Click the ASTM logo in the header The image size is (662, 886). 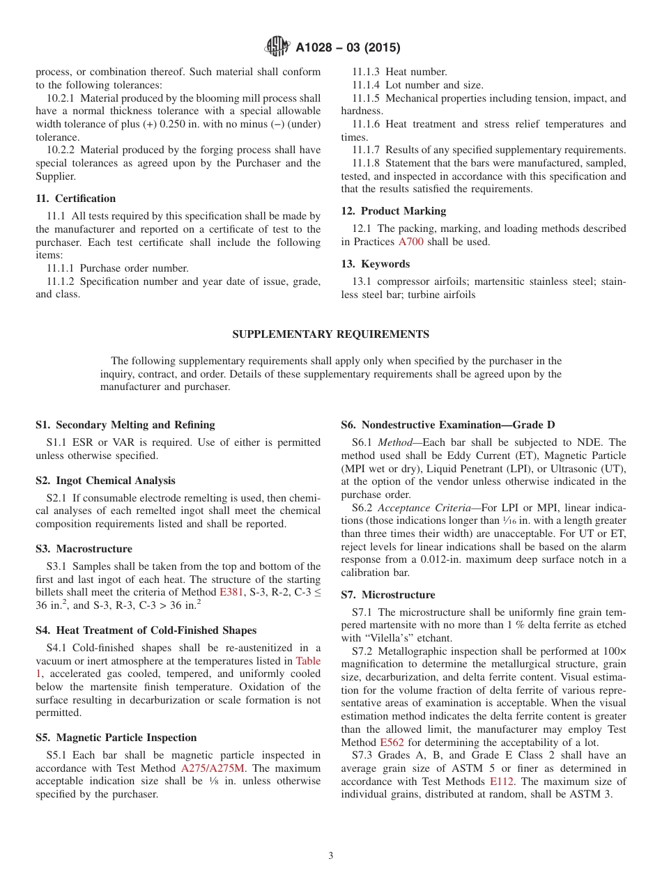tap(278, 47)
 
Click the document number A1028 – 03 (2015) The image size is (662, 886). tap(348, 48)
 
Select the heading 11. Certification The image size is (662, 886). tap(75, 199)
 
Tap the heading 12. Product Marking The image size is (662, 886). tap(393, 211)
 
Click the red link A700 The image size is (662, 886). tap(410, 242)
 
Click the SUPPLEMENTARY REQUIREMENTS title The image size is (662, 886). tap(330, 334)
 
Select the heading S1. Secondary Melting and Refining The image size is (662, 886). tap(125, 425)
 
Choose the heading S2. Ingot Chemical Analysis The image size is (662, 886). tap(105, 481)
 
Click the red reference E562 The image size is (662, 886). tap(391, 743)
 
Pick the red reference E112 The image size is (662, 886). tap(503, 782)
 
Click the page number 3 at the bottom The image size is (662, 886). tap(331, 856)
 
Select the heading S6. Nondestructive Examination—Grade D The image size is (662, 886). tap(447, 425)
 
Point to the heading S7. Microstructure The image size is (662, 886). tap(387, 595)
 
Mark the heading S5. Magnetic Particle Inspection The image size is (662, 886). tap(116, 738)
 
